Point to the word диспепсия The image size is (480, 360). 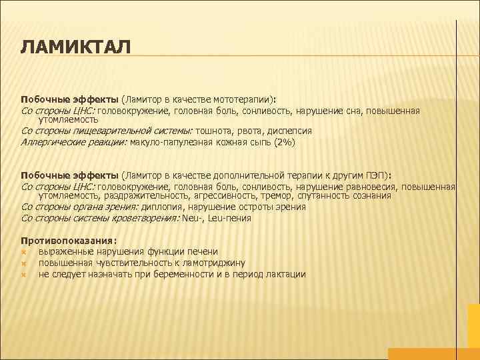[x=289, y=131]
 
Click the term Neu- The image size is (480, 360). [x=194, y=218]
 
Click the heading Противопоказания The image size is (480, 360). [x=68, y=240]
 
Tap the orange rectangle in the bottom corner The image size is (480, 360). [x=433, y=353]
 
